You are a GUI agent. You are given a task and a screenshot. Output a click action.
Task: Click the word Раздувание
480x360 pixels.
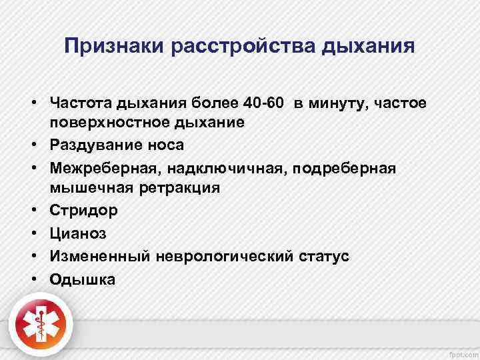click(95, 145)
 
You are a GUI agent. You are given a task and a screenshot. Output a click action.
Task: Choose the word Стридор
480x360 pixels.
click(83, 210)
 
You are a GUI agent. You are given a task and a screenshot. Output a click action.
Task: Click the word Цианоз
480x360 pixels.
click(78, 233)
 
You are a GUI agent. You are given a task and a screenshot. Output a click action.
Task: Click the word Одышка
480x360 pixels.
click(82, 279)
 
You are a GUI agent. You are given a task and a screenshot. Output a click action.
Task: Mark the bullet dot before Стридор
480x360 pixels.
click(32, 211)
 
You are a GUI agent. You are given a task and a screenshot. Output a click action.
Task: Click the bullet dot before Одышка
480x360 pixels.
click(32, 279)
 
